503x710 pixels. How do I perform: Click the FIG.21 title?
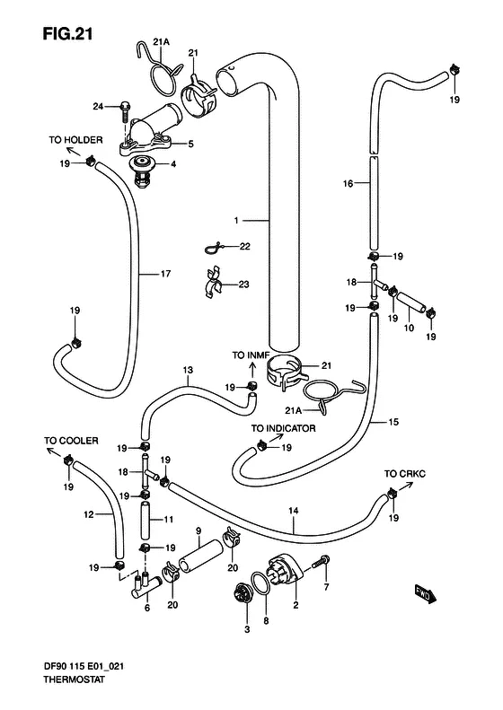point(67,34)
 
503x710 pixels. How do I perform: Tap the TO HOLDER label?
point(75,140)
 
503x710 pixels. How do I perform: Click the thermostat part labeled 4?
point(143,171)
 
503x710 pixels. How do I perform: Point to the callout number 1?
point(236,221)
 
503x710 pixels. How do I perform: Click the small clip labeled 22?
point(212,248)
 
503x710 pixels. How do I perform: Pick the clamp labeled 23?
point(212,284)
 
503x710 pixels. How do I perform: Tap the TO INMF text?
point(251,355)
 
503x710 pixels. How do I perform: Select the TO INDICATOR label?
point(283,428)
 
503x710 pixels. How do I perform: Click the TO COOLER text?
point(71,441)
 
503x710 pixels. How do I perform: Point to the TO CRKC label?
point(405,474)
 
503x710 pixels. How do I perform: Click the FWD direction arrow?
point(426,594)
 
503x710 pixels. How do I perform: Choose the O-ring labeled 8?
point(261,584)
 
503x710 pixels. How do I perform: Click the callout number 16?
point(348,183)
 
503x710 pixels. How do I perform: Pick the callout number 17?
point(165,274)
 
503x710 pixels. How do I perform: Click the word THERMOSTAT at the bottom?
point(75,679)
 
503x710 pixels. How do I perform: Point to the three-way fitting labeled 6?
point(146,586)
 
